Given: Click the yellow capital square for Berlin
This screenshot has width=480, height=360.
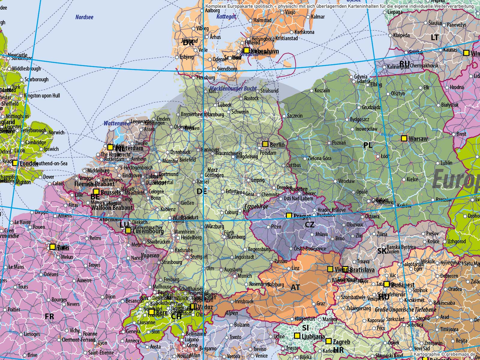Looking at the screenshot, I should coord(265,144).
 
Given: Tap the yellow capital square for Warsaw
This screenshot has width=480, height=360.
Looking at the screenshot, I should coord(404,138).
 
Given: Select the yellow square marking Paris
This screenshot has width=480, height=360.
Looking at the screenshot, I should coord(52,247).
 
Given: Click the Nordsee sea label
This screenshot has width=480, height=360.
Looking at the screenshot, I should coord(84,17).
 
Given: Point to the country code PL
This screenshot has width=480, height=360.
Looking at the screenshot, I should coord(368,145).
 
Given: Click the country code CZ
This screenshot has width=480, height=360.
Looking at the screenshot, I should coord(310,224).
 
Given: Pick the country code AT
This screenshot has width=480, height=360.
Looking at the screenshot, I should coord(295,287).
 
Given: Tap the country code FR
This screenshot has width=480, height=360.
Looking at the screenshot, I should coord(49,316).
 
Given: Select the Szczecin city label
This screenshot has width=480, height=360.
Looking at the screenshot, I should coord(295,116).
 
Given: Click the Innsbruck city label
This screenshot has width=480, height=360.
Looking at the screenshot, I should coord(244,301).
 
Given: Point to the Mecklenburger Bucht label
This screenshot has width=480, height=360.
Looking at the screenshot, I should coord(233,88).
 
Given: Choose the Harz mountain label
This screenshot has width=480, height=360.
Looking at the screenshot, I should coord(212,170).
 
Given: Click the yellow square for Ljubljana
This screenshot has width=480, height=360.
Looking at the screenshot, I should coord(297,336).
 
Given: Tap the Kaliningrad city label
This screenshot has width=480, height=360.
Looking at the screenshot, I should coord(398,67).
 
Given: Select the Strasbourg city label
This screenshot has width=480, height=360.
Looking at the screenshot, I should coord(172,262).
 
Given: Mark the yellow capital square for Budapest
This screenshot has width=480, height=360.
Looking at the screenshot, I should coord(387,284).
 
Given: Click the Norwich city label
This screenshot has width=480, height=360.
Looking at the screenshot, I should coord(56,132).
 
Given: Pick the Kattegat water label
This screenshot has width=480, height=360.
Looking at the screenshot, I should coord(226,17).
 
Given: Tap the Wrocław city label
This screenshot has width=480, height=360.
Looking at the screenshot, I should coord(346,181).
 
